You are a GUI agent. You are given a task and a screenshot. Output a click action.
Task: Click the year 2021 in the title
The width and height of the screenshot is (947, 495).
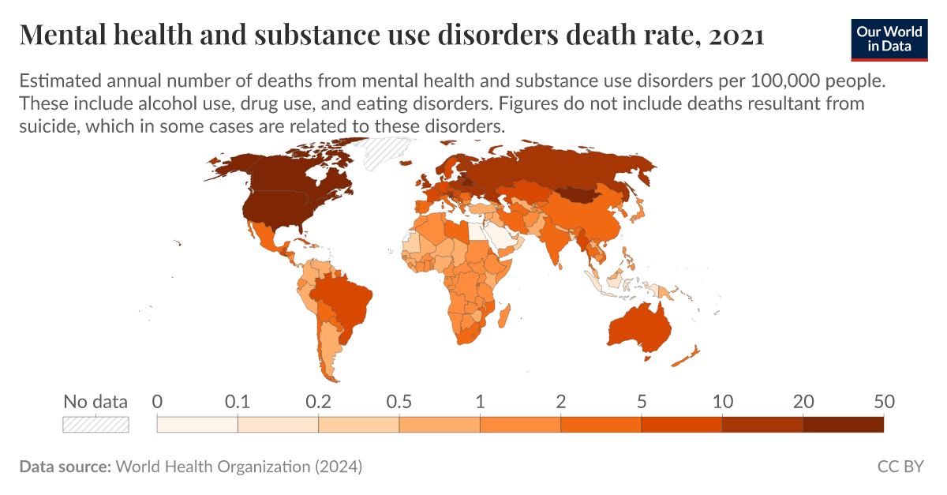tap(736, 35)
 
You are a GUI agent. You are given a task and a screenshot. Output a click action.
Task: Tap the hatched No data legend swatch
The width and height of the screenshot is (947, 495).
tap(95, 424)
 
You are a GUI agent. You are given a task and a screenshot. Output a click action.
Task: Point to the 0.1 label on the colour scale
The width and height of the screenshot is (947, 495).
tap(238, 401)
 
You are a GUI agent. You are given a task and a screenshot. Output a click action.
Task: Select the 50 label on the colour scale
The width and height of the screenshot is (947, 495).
tap(882, 401)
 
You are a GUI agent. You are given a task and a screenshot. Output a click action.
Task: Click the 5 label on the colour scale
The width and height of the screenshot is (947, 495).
tap(642, 401)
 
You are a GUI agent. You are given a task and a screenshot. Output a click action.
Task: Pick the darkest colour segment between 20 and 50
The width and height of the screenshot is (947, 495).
tap(843, 424)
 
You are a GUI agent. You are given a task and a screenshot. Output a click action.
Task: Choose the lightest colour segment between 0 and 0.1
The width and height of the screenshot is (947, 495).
tap(197, 424)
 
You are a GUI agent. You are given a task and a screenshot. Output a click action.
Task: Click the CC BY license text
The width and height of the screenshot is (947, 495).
tap(900, 467)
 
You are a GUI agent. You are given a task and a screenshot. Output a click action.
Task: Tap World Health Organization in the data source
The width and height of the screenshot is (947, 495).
tap(214, 467)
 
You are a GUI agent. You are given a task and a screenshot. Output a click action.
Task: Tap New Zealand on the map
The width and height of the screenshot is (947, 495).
tap(687, 355)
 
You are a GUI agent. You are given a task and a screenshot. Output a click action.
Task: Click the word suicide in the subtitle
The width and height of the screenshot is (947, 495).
tap(50, 126)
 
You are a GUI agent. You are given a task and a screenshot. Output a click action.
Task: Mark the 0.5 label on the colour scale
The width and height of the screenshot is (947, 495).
tap(399, 401)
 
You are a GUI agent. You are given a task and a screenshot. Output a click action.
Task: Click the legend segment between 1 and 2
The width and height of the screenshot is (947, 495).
tap(520, 424)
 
